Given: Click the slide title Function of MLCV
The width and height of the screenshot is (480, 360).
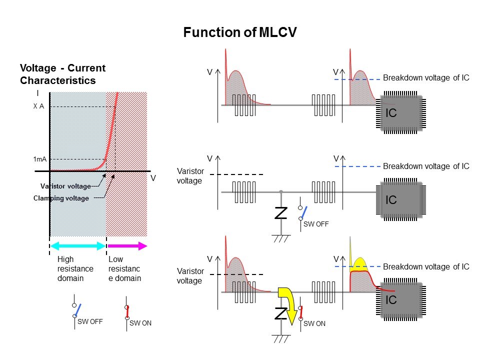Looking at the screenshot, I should click(x=240, y=33).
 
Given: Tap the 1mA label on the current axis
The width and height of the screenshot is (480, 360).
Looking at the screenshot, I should click(x=39, y=159).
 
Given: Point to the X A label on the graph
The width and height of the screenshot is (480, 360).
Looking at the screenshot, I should click(x=38, y=106).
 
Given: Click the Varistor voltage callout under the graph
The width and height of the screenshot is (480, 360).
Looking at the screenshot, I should click(x=65, y=186).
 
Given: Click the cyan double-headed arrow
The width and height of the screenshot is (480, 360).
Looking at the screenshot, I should click(x=78, y=245).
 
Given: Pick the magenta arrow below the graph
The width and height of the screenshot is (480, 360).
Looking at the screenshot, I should click(x=127, y=245).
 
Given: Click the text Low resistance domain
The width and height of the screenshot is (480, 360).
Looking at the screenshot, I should click(x=124, y=269).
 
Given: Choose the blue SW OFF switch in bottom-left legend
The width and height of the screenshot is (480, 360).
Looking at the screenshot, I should click(x=77, y=310).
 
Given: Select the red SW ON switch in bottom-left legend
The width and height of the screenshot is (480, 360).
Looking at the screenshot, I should click(x=127, y=312).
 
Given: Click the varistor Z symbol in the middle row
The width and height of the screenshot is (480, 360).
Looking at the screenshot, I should click(x=281, y=213).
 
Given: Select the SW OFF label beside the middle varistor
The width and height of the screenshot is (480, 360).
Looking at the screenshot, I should click(x=316, y=224).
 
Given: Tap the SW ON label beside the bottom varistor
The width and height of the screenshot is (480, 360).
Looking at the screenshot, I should click(x=314, y=323).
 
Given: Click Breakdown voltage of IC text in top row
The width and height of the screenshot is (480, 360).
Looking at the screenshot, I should click(x=426, y=78).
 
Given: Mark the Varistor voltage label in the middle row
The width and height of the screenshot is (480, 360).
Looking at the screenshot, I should click(x=190, y=175).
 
